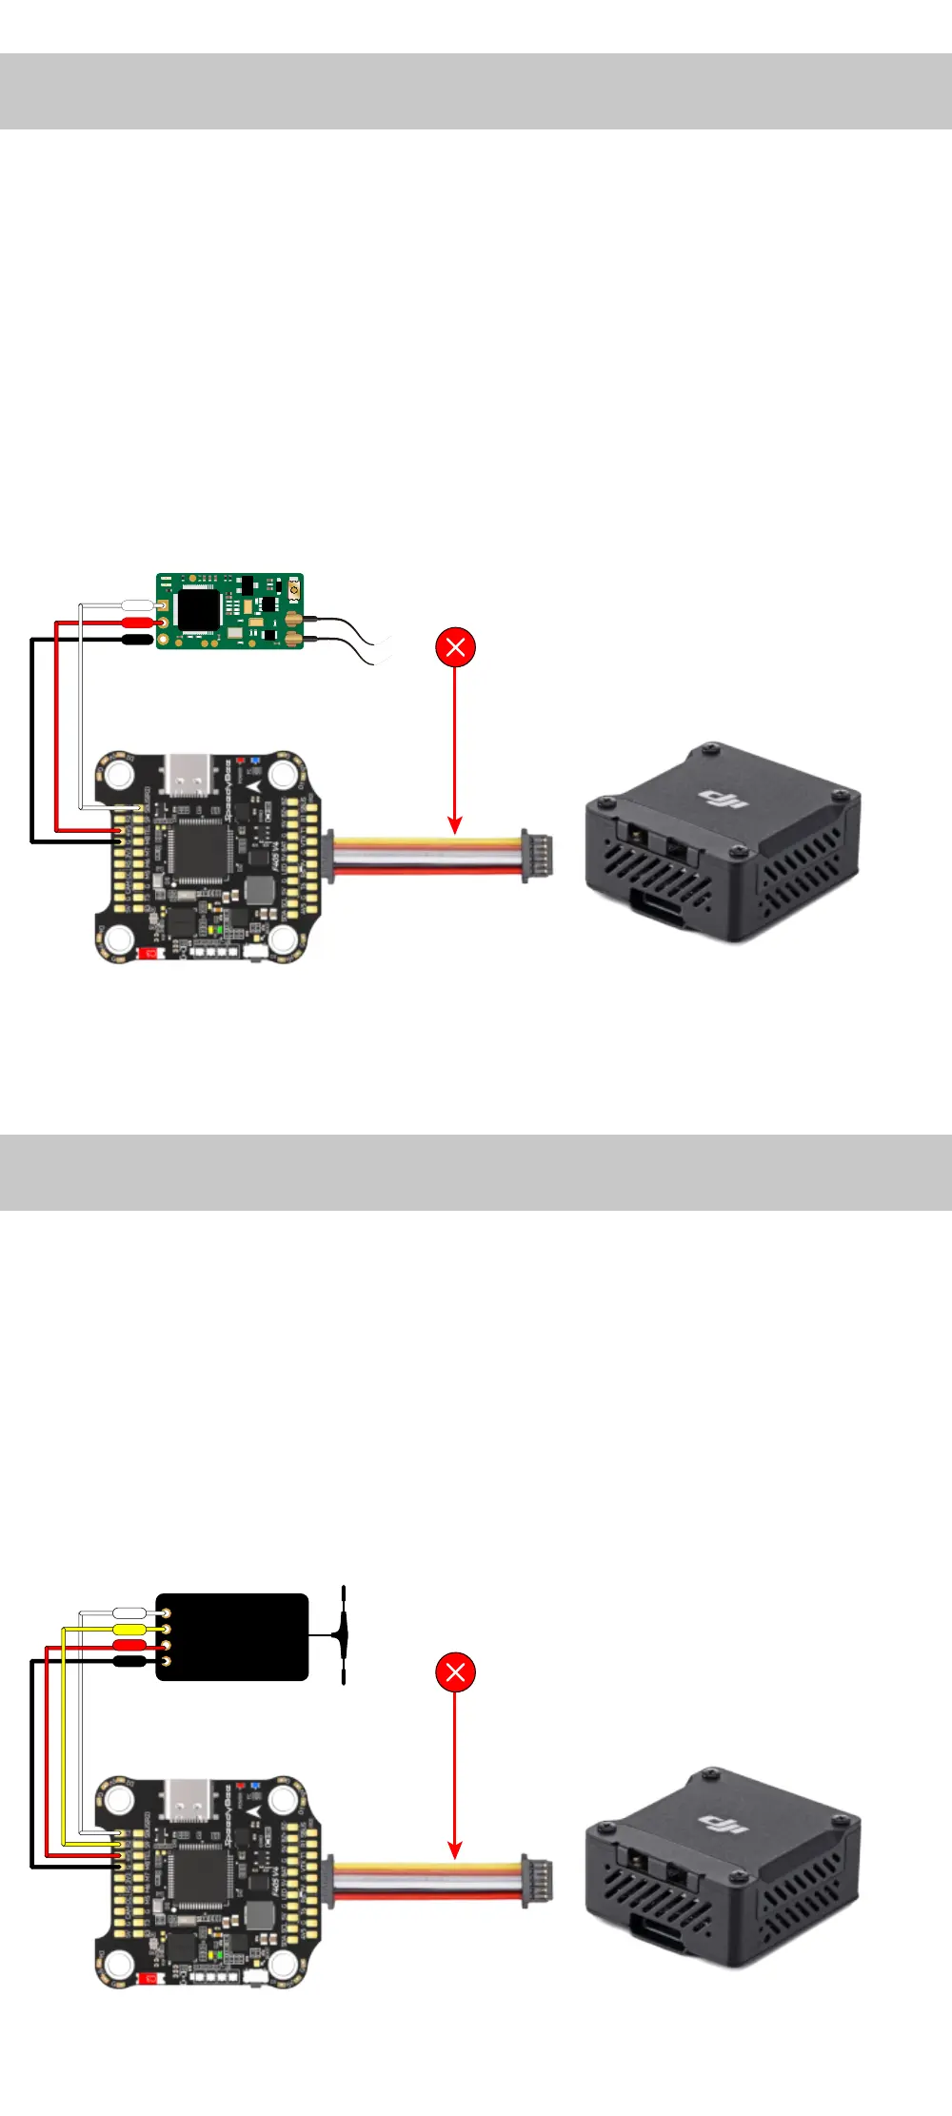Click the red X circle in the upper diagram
[455, 647]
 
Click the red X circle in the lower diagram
[455, 1671]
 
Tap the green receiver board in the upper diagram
[230, 611]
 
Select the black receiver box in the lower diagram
[232, 1636]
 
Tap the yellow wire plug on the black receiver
[129, 1629]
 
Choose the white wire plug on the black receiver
[129, 1612]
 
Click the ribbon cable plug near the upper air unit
[537, 855]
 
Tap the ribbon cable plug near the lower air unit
[537, 1880]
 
